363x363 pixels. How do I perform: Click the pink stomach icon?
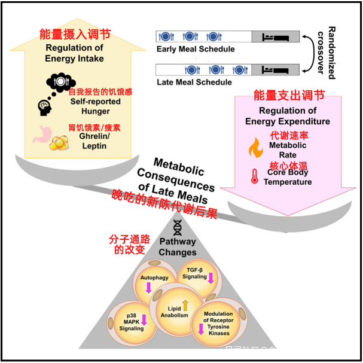[x=42, y=132]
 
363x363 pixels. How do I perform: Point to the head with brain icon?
[x=44, y=106]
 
